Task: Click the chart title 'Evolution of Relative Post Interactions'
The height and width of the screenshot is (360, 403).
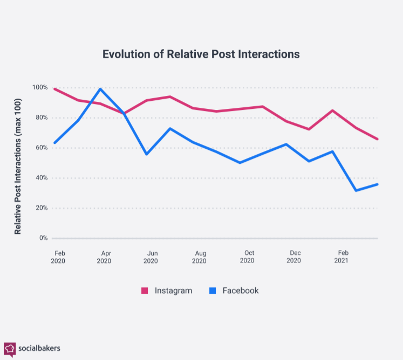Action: (201, 54)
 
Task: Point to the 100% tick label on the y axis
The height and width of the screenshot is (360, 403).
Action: (40, 87)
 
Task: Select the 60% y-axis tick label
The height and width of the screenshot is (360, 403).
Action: (42, 148)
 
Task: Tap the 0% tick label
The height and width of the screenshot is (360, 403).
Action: (43, 238)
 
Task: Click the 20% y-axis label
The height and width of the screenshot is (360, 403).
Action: (42, 208)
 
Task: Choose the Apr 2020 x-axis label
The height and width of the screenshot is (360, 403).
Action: (104, 257)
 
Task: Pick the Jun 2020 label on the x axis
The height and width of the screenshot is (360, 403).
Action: (152, 257)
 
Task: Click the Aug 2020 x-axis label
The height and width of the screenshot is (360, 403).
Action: (200, 257)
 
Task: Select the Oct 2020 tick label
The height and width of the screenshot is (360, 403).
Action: (248, 257)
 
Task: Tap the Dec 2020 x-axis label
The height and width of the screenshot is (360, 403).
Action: (295, 257)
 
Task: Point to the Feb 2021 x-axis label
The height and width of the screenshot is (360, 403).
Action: (342, 257)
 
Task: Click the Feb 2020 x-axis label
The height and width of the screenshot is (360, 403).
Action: (58, 257)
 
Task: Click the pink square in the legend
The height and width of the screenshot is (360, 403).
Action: (145, 290)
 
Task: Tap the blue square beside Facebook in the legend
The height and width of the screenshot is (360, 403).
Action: (213, 290)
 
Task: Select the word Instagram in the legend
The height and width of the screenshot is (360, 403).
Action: (173, 290)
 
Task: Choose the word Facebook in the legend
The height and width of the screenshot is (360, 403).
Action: (241, 290)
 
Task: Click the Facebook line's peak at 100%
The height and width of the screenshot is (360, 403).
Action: (100, 89)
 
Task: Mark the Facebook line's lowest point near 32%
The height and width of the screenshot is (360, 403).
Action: (356, 190)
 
